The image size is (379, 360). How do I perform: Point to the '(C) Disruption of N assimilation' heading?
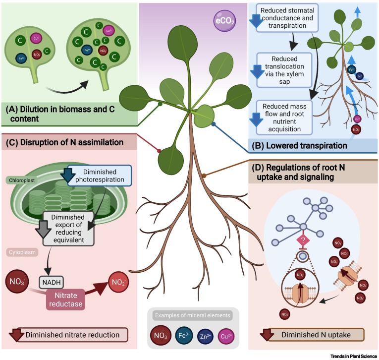point(64,142)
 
